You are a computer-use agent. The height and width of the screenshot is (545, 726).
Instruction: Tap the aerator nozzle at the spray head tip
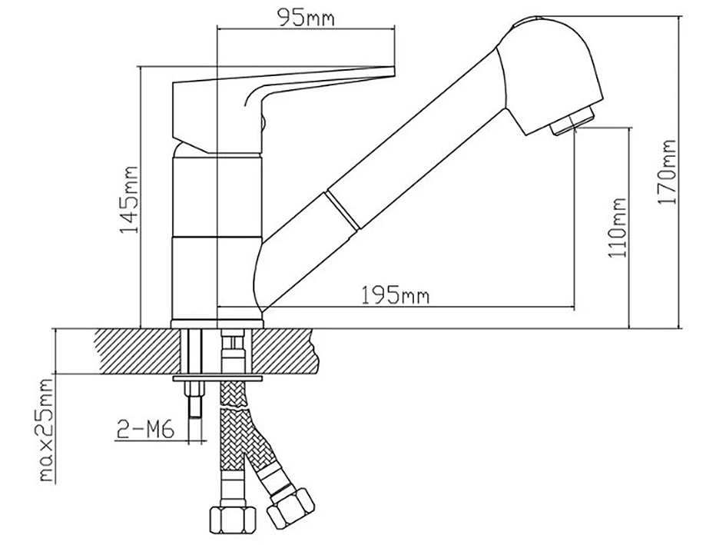[575, 121]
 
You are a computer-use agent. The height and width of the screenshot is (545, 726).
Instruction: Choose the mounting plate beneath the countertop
[218, 379]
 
